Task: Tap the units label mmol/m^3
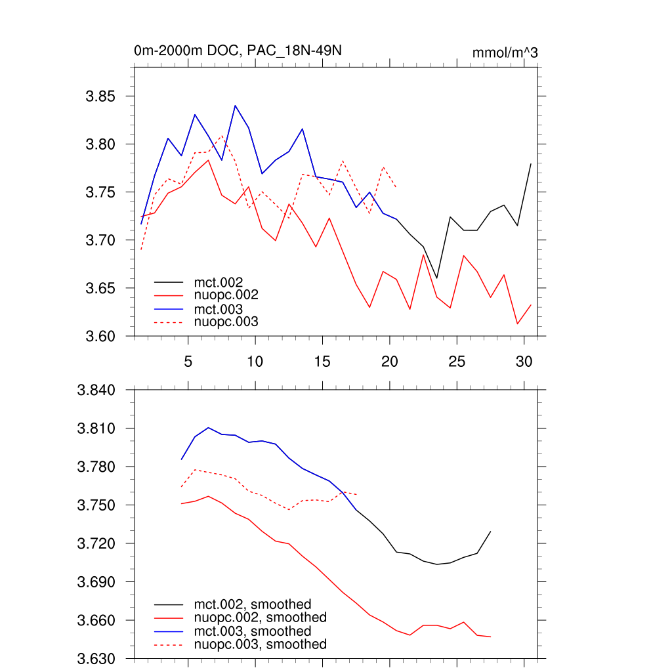coord(505,52)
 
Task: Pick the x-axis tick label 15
coord(322,362)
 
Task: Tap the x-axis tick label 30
coord(524,362)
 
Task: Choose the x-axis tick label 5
coord(188,362)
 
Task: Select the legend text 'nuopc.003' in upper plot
coord(226,322)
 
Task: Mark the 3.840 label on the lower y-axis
coord(96,390)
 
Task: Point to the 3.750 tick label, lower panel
coord(96,505)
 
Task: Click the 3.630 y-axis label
coord(96,659)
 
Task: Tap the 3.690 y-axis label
coord(96,582)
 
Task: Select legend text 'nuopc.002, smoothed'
coord(261,618)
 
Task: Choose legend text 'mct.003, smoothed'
coord(253,631)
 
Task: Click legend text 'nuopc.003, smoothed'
coord(261,644)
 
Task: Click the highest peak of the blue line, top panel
coord(235,105)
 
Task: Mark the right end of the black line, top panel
coord(530,163)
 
